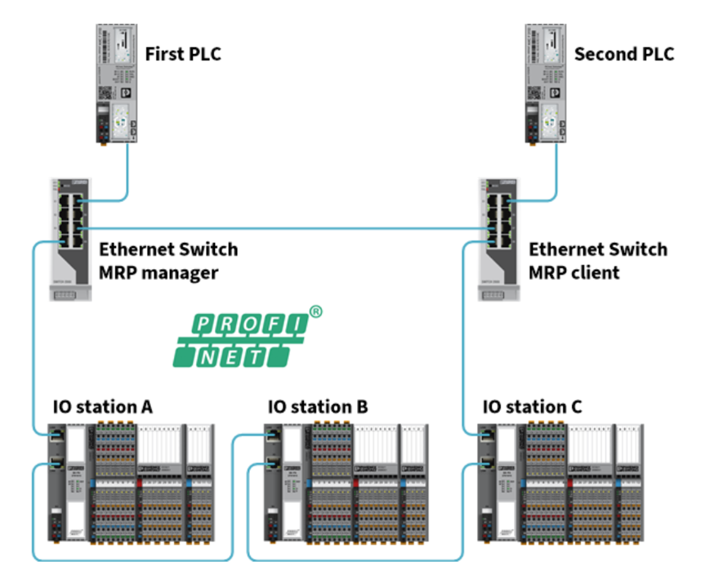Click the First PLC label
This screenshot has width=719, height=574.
pyautogui.click(x=182, y=55)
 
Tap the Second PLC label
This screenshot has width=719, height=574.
pyautogui.click(x=624, y=55)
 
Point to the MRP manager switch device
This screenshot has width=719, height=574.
pyautogui.click(x=69, y=229)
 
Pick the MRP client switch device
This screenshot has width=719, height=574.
pyautogui.click(x=498, y=229)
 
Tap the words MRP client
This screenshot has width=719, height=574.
pyautogui.click(x=574, y=272)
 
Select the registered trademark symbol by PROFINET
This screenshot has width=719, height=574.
pyautogui.click(x=315, y=312)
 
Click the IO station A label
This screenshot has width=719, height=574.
pyautogui.click(x=102, y=406)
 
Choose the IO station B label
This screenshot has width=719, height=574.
pyautogui.click(x=317, y=406)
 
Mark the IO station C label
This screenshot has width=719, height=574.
pyautogui.click(x=532, y=406)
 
